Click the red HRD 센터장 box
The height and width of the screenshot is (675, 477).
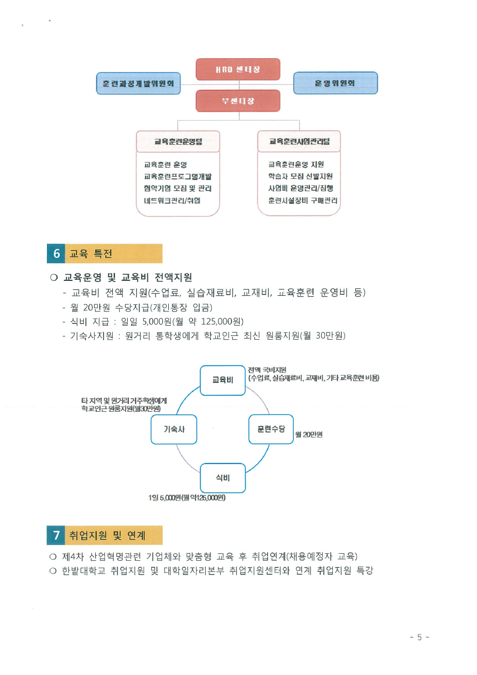[238, 69]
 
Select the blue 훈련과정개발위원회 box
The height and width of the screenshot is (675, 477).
[138, 83]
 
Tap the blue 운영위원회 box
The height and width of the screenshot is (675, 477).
[335, 83]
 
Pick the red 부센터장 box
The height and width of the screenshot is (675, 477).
[238, 100]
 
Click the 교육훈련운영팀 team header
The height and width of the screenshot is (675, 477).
[178, 142]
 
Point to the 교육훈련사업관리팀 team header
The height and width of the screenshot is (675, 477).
[299, 142]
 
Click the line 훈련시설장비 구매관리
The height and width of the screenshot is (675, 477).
[303, 201]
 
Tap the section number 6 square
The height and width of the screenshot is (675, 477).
[56, 254]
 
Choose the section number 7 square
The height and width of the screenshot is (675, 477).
[56, 534]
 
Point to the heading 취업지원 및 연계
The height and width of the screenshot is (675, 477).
[107, 535]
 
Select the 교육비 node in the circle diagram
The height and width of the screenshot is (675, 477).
[223, 380]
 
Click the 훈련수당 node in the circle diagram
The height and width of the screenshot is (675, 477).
[271, 429]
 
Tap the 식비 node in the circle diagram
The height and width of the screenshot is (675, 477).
[223, 478]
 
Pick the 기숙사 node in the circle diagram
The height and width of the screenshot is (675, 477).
[174, 429]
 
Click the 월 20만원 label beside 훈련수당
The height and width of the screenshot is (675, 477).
[309, 435]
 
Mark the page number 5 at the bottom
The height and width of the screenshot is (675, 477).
[419, 637]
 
